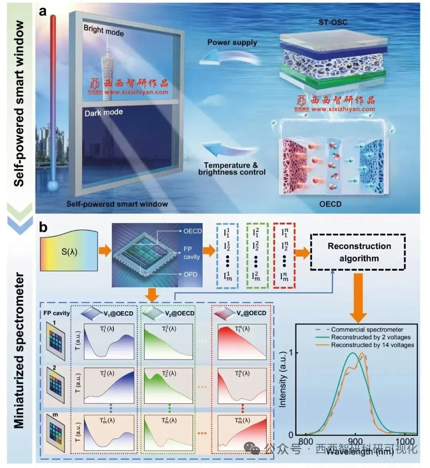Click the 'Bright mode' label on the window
(104, 30)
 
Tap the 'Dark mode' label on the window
(104, 113)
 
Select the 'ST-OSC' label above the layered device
(333, 22)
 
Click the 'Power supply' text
(232, 42)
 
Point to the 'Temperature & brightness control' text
(232, 168)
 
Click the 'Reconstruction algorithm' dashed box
(359, 252)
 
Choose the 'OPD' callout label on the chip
(190, 274)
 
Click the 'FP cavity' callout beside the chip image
(192, 253)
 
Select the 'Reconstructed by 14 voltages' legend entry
(372, 345)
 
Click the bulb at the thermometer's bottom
(53, 185)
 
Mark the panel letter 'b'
(43, 227)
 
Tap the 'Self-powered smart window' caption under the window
(117, 204)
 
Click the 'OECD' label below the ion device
(330, 204)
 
